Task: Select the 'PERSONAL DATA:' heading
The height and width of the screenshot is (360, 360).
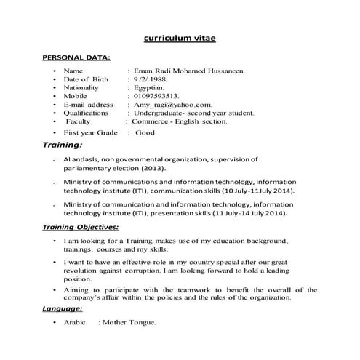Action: click(76, 57)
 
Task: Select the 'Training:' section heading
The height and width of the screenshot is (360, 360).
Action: click(63, 146)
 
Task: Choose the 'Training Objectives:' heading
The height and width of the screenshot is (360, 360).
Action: click(85, 228)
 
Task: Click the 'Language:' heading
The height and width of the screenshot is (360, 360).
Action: click(63, 308)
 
